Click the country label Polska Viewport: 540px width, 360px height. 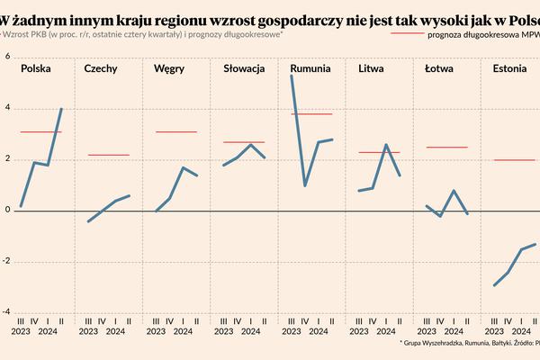pos(36,68)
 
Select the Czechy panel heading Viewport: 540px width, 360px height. pos(101,68)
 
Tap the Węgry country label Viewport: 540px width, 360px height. pos(169,68)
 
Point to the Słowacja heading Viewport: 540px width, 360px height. pos(244,68)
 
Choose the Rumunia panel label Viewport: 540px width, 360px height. pos(310,68)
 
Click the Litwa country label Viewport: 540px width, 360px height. pos(373,68)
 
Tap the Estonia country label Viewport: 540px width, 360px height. pos(510,68)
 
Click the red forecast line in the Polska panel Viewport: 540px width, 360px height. pos(40,132)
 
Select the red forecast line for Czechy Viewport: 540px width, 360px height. pos(108,155)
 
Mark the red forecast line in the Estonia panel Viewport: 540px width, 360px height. pos(514,160)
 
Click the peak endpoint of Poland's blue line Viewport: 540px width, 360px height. pos(61,109)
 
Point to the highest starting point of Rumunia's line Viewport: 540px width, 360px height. pos(291,76)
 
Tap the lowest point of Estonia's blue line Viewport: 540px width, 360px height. pos(495,285)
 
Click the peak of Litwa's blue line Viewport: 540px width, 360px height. pos(385,145)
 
